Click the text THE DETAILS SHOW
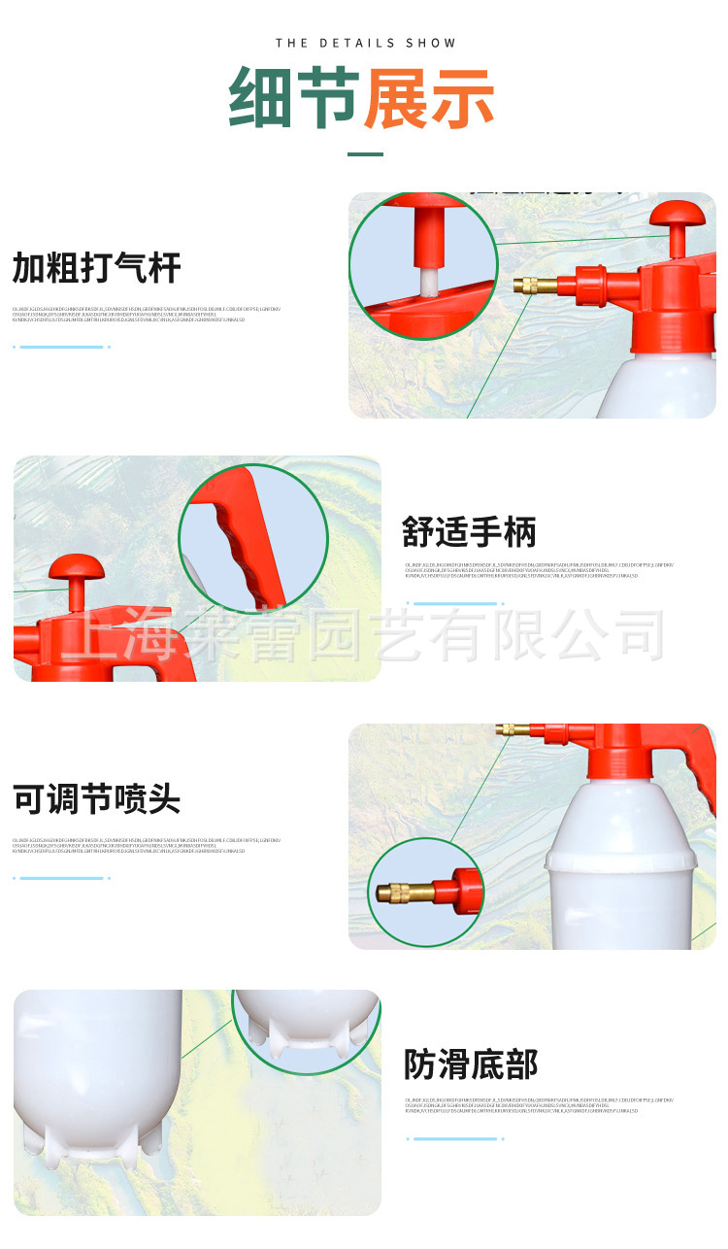tap(365, 43)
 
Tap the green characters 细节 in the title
tap(294, 99)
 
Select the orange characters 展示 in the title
tap(429, 99)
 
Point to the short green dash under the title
tap(365, 153)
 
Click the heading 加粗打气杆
tap(97, 267)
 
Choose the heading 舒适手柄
tap(469, 532)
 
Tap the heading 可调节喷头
tap(97, 799)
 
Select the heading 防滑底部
tap(471, 1064)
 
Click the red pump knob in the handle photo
tap(76, 568)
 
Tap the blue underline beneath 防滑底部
tap(455, 1138)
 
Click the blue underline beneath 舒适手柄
tap(455, 603)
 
